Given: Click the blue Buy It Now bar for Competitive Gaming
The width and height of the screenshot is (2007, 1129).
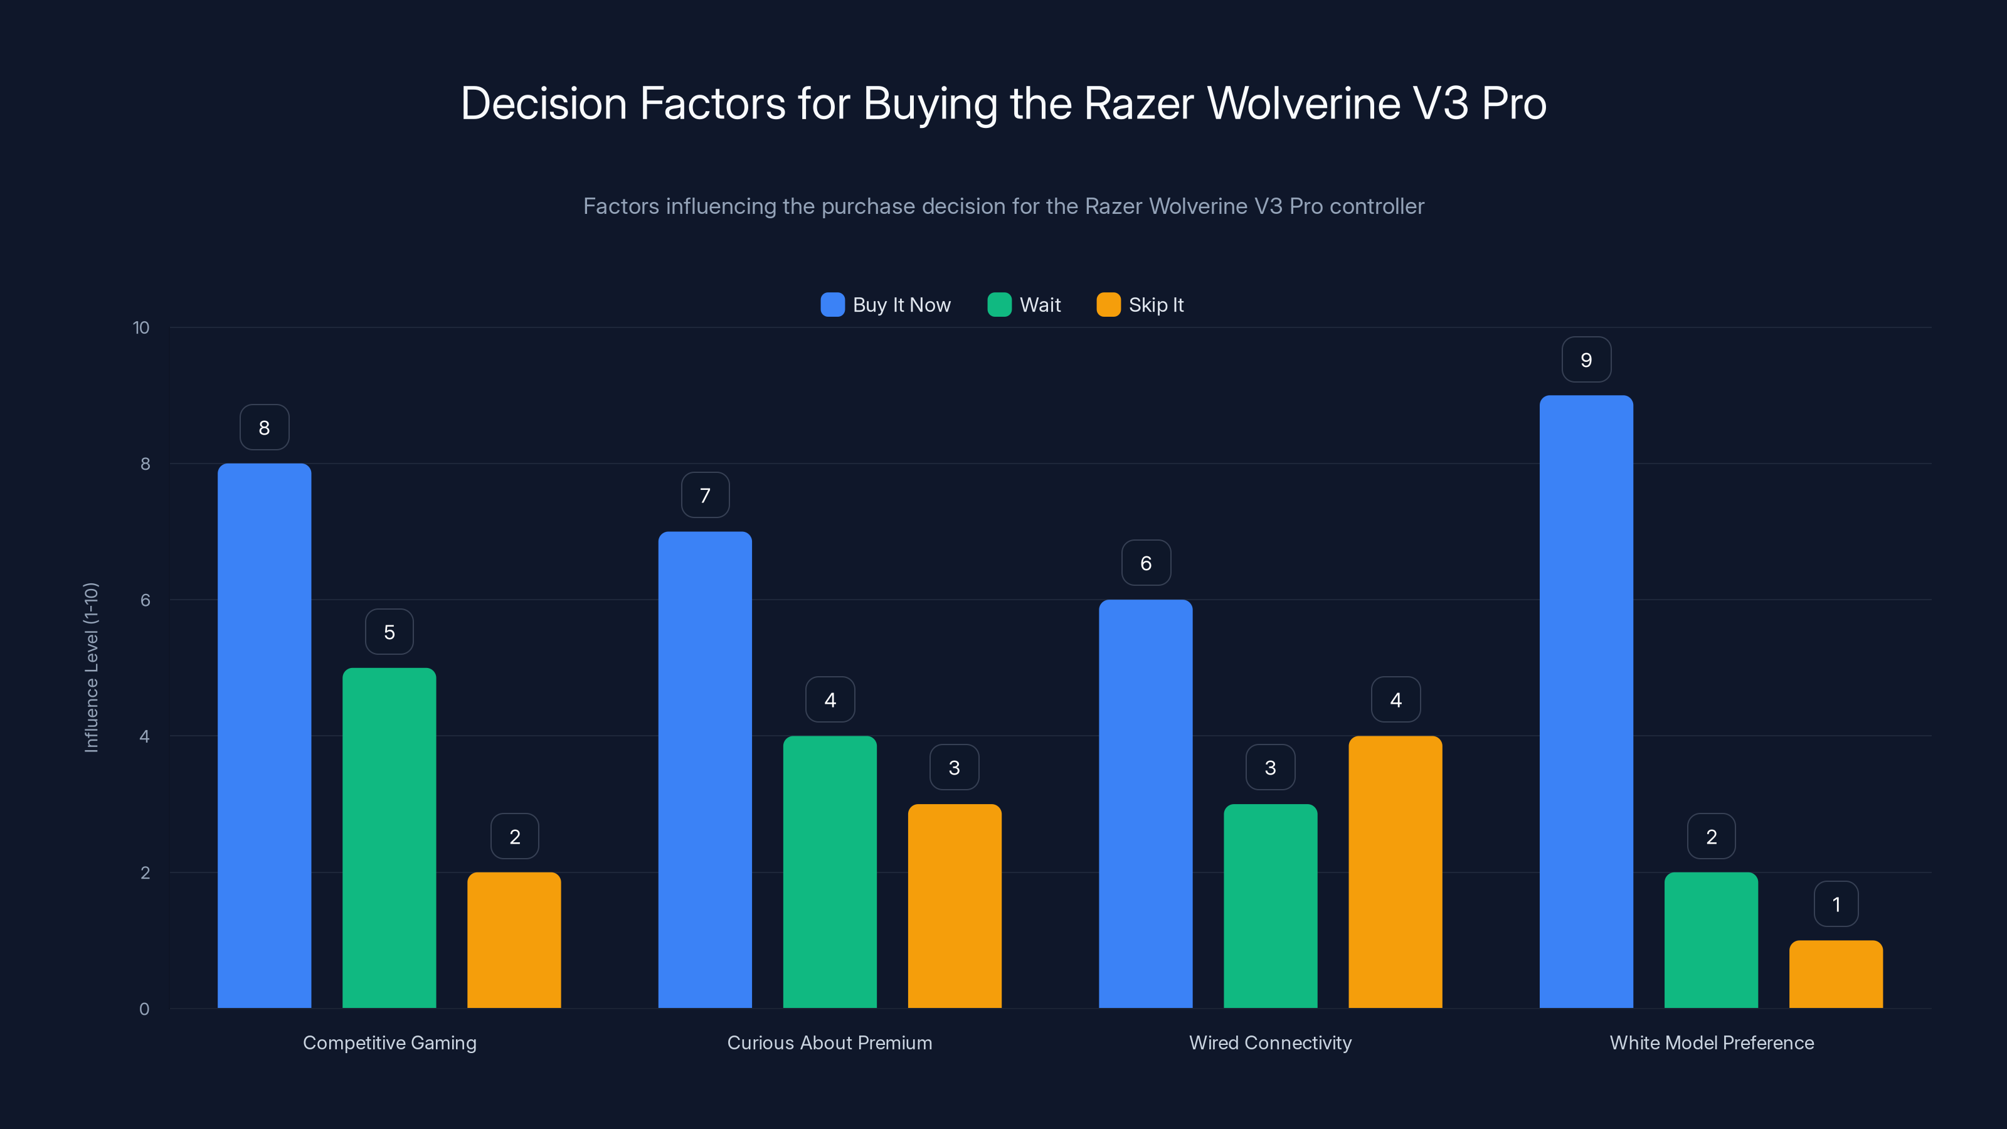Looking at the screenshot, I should click(x=264, y=736).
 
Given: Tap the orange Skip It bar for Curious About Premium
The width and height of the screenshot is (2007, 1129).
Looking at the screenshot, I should click(x=955, y=906).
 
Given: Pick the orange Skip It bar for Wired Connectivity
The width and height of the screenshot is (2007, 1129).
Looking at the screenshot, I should click(x=1395, y=872).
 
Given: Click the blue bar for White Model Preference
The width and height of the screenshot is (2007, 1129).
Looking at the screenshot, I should click(x=1586, y=701).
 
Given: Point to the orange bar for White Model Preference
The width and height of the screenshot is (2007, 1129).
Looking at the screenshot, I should click(x=1836, y=974).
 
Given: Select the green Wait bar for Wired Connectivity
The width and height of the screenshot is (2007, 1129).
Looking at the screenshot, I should click(x=1270, y=906).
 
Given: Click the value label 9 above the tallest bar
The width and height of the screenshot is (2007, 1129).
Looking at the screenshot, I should click(x=1586, y=360).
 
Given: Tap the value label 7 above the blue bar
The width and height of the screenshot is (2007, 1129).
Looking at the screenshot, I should click(x=705, y=496).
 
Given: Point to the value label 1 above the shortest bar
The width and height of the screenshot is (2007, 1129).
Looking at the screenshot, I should click(x=1836, y=904).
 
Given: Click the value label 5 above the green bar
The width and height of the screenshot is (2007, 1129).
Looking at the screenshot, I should click(x=389, y=632).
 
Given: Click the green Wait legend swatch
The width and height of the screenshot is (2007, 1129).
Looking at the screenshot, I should click(x=999, y=305).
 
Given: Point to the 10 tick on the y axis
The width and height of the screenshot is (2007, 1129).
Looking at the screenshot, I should click(x=141, y=327).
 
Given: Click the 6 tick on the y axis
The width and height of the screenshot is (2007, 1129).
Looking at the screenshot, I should click(x=145, y=600).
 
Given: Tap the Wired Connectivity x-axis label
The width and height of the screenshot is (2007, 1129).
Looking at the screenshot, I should click(x=1270, y=1042).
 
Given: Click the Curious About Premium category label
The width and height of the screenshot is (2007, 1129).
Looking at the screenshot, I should click(x=829, y=1042).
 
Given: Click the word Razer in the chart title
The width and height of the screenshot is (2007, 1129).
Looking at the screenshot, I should click(x=1138, y=103).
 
